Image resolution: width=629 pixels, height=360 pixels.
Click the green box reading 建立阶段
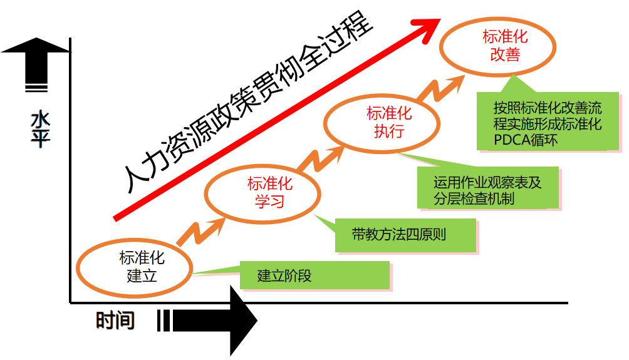point(315,275)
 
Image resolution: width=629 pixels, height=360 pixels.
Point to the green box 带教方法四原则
point(405,235)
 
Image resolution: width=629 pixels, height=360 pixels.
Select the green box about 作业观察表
point(487,187)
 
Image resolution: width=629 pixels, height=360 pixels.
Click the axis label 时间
point(115,321)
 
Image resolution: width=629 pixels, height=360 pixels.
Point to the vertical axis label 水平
point(39,129)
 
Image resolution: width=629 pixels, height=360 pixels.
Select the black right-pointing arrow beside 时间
point(216,321)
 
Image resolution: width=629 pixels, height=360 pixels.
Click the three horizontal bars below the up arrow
point(36,88)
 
